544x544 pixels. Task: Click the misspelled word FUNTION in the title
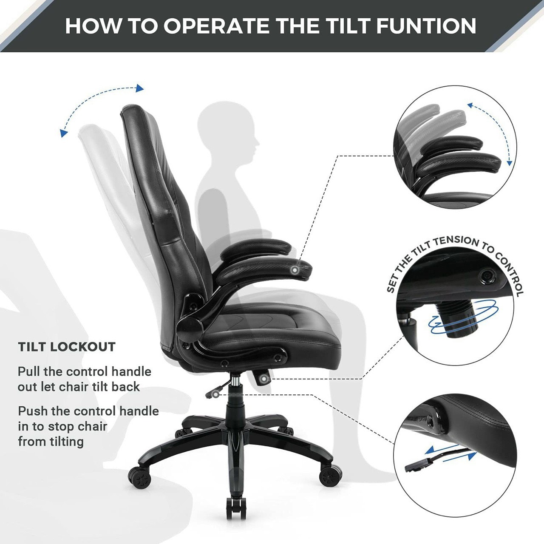[426, 26]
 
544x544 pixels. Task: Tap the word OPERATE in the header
[216, 26]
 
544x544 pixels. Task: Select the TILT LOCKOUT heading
[67, 347]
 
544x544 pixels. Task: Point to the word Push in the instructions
[33, 411]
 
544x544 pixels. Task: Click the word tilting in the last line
[67, 442]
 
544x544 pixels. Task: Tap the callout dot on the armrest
[295, 270]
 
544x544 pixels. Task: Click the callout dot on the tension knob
[264, 379]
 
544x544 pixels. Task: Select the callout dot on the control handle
[216, 394]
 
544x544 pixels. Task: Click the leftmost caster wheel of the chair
[139, 477]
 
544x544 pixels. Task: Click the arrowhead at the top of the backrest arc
[140, 88]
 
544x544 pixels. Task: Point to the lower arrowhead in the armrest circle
[509, 163]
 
